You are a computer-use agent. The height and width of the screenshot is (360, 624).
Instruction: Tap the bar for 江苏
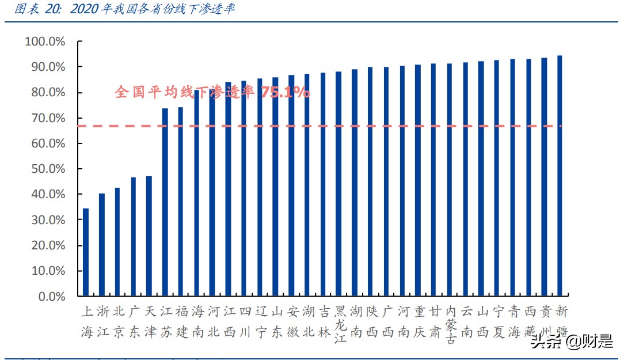tap(165, 202)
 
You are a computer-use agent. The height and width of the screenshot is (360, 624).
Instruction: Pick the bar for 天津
tap(149, 236)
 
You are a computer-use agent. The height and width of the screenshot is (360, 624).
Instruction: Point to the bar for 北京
tap(117, 242)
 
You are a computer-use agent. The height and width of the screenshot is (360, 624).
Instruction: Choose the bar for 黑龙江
tap(338, 184)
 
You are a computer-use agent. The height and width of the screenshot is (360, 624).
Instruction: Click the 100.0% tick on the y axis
tap(45, 42)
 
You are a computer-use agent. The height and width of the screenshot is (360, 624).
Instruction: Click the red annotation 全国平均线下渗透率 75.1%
tap(212, 92)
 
